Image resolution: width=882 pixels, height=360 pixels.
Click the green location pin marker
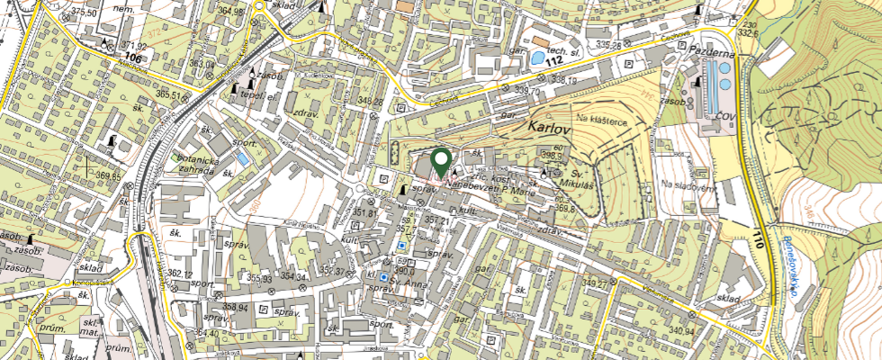point(441,162)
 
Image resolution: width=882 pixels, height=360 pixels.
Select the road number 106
point(135,57)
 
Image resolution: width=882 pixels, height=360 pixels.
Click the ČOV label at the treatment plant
point(725,116)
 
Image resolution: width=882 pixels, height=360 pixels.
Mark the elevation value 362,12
point(180,274)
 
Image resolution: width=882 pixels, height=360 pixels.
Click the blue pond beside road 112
point(537,58)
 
